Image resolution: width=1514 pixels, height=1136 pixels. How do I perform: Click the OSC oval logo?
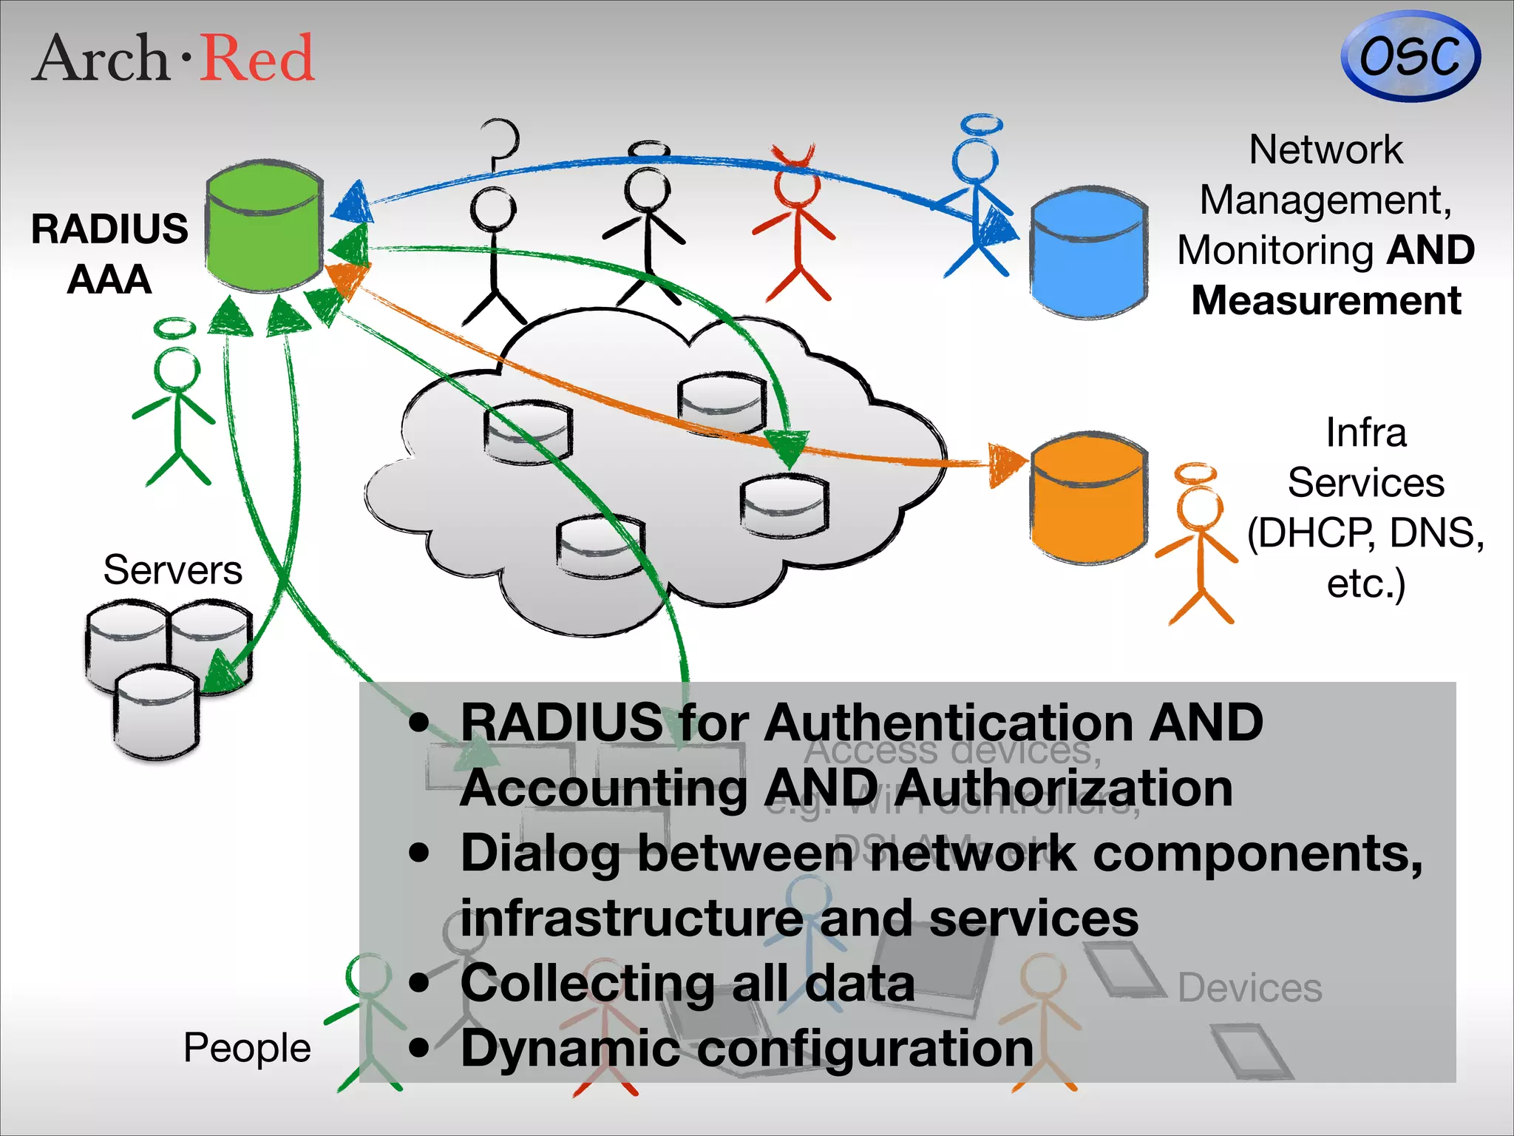1410,56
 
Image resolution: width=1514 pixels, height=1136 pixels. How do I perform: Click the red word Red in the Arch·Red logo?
257,58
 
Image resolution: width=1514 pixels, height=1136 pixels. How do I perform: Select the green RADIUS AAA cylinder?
264,226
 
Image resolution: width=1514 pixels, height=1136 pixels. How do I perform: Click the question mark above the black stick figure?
501,144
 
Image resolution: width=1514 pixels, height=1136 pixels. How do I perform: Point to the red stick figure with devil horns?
795,222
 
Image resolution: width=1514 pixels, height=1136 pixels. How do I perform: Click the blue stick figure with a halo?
976,200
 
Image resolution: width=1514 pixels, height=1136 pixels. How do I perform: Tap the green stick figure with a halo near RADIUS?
176,403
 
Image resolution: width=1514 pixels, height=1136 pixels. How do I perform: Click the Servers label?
172,570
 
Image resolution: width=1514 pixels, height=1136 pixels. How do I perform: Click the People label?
247,1047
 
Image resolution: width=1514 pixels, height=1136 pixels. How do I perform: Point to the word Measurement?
1326,301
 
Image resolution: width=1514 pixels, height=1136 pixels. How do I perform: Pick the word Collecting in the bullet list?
588,984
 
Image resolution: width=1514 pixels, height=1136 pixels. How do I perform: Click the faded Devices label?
1249,988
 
